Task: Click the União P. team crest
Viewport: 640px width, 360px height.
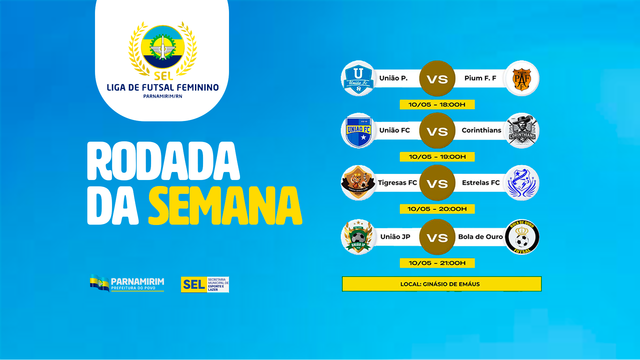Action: (358, 79)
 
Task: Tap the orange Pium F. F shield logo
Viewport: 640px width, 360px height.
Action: (522, 79)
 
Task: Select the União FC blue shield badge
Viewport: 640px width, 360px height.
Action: (358, 131)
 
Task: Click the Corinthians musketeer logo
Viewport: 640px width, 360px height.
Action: (522, 131)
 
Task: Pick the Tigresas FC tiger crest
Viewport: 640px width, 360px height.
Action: (358, 183)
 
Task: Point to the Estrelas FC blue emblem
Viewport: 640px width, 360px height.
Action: (522, 183)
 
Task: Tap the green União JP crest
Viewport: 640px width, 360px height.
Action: (358, 237)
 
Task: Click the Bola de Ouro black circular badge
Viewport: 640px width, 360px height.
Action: (522, 237)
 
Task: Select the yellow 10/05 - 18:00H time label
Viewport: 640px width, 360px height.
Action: (437, 105)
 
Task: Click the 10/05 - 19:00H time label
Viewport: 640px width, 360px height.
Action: (437, 157)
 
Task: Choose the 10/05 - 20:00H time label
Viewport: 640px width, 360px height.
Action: (437, 209)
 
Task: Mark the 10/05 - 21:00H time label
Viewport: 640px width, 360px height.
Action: (437, 263)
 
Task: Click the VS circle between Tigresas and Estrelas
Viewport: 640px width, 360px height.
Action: (437, 183)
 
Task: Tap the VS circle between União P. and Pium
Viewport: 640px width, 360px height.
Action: (437, 79)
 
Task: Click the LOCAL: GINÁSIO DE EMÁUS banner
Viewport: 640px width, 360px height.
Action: (441, 284)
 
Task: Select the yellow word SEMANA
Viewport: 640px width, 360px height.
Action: (225, 206)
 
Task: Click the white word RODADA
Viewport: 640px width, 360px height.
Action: (163, 161)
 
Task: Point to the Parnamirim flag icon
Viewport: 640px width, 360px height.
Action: (99, 283)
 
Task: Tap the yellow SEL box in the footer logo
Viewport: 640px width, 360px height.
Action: (194, 285)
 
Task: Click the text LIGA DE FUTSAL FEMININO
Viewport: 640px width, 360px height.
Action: (163, 87)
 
